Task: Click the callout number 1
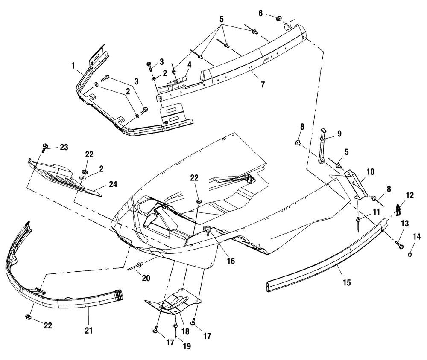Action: pos(73,67)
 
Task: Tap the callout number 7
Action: pos(262,84)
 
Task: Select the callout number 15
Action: pos(346,282)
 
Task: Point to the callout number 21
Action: pos(91,330)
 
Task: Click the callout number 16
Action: pos(231,261)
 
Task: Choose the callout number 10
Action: pos(370,172)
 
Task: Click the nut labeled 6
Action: pos(276,18)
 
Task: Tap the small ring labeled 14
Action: pos(410,255)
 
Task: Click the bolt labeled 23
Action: pos(44,148)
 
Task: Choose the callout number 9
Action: pos(339,134)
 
